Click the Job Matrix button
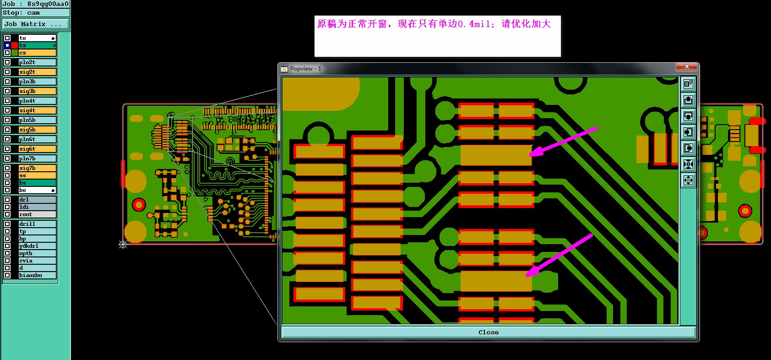click(x=36, y=24)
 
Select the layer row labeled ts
click(x=37, y=45)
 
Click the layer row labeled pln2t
click(x=37, y=62)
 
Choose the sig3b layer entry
click(x=37, y=91)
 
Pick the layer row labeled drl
click(x=37, y=200)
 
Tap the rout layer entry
click(x=37, y=214)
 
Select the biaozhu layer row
click(x=37, y=275)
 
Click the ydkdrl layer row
click(x=37, y=246)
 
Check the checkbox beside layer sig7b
click(x=7, y=168)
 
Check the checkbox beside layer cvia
click(x=7, y=261)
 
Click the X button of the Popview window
click(x=686, y=67)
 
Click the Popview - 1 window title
click(x=305, y=69)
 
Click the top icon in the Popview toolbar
click(x=688, y=84)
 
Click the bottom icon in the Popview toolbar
click(x=688, y=180)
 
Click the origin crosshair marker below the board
click(x=123, y=245)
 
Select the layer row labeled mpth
click(x=37, y=253)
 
